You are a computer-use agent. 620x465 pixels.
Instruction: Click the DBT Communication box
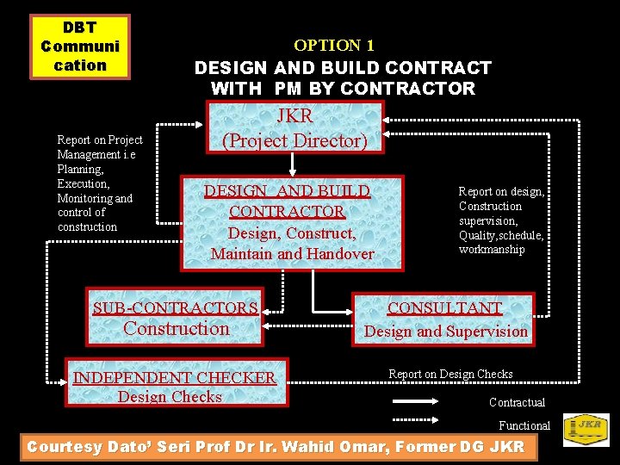coord(80,46)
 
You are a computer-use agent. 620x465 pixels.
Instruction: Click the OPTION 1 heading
coord(334,45)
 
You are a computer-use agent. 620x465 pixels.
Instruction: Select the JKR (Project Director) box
coord(294,127)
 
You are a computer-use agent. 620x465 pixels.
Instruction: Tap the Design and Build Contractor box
coord(292,222)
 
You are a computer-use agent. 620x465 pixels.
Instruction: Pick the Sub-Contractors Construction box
coord(177,317)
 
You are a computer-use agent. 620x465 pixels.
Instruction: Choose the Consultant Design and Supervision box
coord(445,319)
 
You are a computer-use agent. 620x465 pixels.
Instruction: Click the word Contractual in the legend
coord(517,402)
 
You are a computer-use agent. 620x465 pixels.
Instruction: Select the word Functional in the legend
coord(524,425)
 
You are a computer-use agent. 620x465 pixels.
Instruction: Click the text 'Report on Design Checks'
coord(450,374)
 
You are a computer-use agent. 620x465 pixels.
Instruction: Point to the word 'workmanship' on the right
coord(492,250)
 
